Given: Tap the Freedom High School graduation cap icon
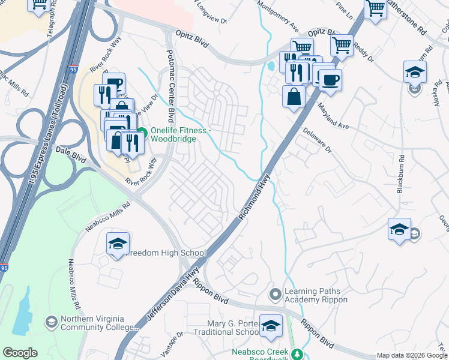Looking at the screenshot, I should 118,244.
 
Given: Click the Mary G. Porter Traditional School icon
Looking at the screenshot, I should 271,325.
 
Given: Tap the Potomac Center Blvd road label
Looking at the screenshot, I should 170,86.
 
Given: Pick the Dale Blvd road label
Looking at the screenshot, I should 71,154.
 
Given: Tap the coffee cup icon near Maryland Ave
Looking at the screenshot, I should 330,79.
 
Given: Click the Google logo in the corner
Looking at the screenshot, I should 20,353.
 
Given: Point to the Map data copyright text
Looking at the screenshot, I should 411,355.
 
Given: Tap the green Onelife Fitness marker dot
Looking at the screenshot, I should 142,133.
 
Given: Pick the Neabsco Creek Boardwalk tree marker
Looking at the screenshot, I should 296,353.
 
